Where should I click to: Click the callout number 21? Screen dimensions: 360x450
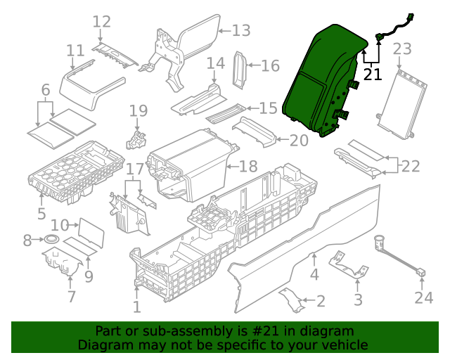pyautogui.click(x=373, y=74)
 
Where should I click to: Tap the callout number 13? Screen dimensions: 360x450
pyautogui.click(x=241, y=30)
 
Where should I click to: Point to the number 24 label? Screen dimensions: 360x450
pyautogui.click(x=423, y=298)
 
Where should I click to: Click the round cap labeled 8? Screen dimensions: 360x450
pyautogui.click(x=51, y=240)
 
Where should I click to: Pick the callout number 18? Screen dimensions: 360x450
pyautogui.click(x=249, y=167)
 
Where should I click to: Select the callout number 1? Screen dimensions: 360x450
pyautogui.click(x=136, y=307)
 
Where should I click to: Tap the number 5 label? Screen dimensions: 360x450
pyautogui.click(x=41, y=213)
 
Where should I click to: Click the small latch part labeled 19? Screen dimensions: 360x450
pyautogui.click(x=135, y=139)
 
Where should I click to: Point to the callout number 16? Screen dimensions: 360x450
pyautogui.click(x=271, y=66)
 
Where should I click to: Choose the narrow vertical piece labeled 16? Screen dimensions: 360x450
pyautogui.click(x=240, y=69)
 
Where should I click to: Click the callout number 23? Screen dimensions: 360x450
pyautogui.click(x=401, y=49)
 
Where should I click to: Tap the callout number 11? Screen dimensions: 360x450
pyautogui.click(x=75, y=51)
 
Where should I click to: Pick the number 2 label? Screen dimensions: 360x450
pyautogui.click(x=321, y=302)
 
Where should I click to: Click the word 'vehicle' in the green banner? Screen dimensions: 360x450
pyautogui.click(x=345, y=345)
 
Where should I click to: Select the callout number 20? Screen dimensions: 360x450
pyautogui.click(x=299, y=140)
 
